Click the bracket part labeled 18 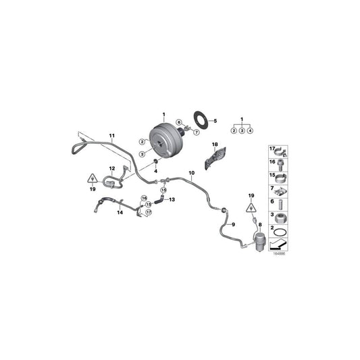click(204, 158)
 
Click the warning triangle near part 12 click(91, 180)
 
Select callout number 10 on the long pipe click(191, 174)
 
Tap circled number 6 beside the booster click(179, 122)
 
